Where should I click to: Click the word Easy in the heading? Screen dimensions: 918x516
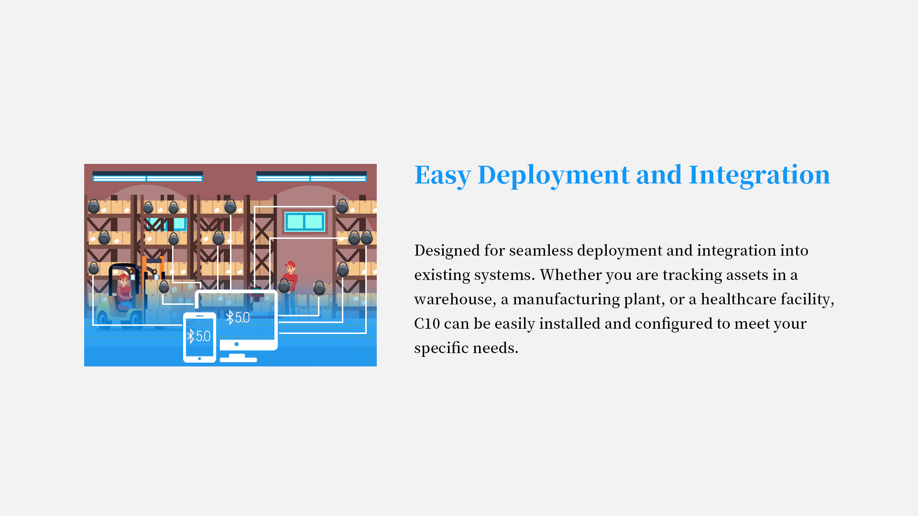click(442, 175)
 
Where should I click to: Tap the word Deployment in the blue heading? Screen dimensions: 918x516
click(554, 175)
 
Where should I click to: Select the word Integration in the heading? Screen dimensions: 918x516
click(759, 174)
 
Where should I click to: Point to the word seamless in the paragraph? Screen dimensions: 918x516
click(541, 250)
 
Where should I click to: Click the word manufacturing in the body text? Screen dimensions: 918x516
click(566, 300)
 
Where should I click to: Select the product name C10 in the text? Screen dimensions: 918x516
click(426, 323)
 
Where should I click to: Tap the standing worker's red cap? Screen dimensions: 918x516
click(290, 263)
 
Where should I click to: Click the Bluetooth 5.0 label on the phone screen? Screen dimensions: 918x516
click(199, 336)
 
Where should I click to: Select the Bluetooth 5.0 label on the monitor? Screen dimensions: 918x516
click(238, 318)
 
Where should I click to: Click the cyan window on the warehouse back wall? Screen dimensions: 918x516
click(305, 222)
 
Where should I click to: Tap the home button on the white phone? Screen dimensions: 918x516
click(199, 358)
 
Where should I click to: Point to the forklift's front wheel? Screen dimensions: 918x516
click(103, 320)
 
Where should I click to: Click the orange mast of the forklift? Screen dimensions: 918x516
click(144, 282)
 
